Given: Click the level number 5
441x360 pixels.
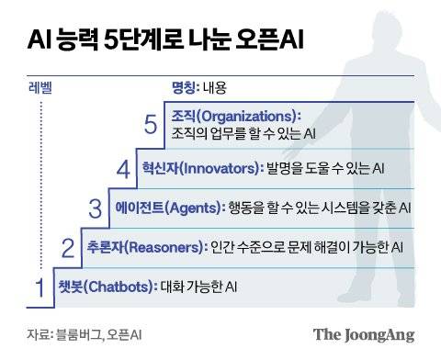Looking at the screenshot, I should pyautogui.click(x=152, y=125).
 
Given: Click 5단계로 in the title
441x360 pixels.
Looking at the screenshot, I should pyautogui.click(x=153, y=41).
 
